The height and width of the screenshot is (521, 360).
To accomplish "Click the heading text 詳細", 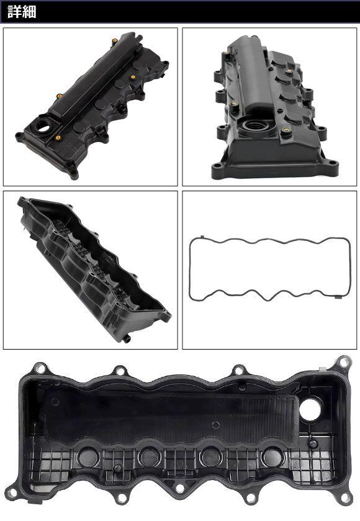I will pos(22,12).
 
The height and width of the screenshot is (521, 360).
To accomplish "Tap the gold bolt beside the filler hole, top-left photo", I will pos(58,138).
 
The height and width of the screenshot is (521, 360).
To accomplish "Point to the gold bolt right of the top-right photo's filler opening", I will pos(286,132).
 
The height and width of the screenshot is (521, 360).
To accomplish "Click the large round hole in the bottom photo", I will pos(311,408).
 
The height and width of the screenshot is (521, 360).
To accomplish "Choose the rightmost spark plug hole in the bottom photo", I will pos(272,457).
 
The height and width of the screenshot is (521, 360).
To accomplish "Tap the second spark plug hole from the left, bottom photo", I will pos(149,458).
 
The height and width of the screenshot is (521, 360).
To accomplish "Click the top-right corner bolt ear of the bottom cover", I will pos(343,361).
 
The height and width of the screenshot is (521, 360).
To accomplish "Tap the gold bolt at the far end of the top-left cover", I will pos(115,42).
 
